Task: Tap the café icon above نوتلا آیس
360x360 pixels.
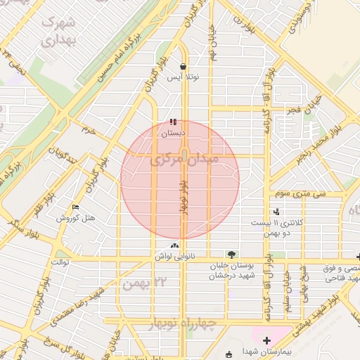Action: tap(184, 67)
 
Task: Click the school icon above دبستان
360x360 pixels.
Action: tap(173, 122)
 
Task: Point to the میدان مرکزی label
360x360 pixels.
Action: tap(184, 160)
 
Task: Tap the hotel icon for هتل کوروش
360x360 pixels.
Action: tap(75, 207)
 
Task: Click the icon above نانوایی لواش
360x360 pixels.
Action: tap(174, 245)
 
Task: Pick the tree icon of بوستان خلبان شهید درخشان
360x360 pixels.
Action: tap(232, 254)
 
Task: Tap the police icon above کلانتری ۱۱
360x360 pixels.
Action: tap(276, 211)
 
